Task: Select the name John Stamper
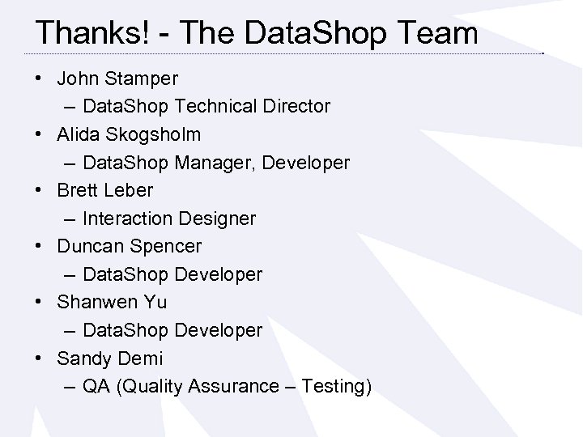tap(117, 78)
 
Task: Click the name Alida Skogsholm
tap(129, 134)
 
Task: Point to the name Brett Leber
tap(104, 190)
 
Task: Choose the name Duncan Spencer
tap(129, 246)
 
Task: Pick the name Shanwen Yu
tap(112, 302)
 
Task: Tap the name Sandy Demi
tap(109, 358)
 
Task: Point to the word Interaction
tap(127, 218)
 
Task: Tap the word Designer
tap(216, 218)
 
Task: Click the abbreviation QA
tap(96, 386)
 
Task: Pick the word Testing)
tap(336, 386)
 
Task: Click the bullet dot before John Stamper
tap(40, 79)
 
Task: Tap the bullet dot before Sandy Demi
tap(40, 359)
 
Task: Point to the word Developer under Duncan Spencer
tap(218, 274)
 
